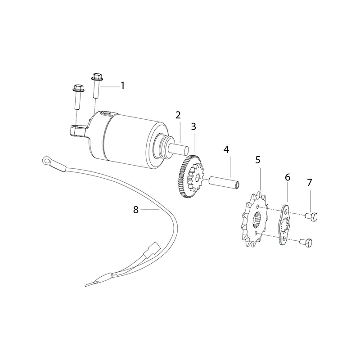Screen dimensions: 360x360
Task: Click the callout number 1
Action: click(x=123, y=85)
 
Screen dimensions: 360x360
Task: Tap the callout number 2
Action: click(x=178, y=115)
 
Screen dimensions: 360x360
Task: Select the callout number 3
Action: click(x=193, y=126)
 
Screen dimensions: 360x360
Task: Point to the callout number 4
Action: click(x=226, y=149)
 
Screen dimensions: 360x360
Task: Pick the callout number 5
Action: click(x=258, y=160)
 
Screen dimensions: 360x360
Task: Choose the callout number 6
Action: click(x=288, y=177)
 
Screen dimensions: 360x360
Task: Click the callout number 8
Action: click(x=136, y=209)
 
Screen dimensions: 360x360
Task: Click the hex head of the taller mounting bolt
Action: click(x=97, y=76)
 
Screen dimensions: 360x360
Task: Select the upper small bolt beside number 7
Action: click(x=311, y=216)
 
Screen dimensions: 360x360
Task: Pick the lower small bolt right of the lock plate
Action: click(x=306, y=242)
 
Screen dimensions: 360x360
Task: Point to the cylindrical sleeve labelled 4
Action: click(x=224, y=179)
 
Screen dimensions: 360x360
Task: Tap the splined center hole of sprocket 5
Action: click(x=257, y=220)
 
